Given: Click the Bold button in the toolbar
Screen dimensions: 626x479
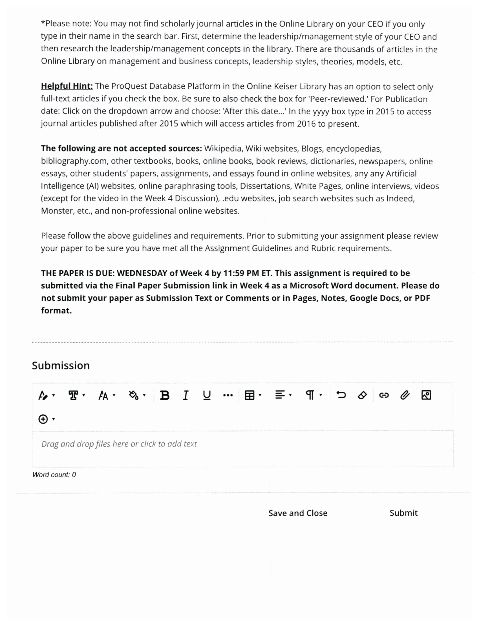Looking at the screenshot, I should pyautogui.click(x=165, y=395).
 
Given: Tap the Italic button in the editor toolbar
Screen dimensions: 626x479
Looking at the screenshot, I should pyautogui.click(x=186, y=395).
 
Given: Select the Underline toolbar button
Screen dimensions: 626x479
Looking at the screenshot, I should pyautogui.click(x=207, y=395).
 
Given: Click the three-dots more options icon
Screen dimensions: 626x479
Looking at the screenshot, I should pyautogui.click(x=228, y=395).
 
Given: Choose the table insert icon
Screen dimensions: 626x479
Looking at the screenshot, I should pyautogui.click(x=250, y=395).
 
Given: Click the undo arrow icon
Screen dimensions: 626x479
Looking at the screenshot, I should pyautogui.click(x=341, y=395).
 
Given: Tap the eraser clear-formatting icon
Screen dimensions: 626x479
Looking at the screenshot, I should pyautogui.click(x=362, y=395).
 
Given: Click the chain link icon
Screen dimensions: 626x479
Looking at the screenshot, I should pyautogui.click(x=384, y=395).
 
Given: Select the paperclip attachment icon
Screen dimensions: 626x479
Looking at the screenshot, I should pyautogui.click(x=405, y=395).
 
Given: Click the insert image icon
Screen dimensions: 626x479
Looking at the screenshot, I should pyautogui.click(x=426, y=395).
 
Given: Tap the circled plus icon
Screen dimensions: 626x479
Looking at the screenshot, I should pyautogui.click(x=43, y=419).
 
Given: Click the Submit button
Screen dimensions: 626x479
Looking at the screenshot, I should pyautogui.click(x=403, y=513).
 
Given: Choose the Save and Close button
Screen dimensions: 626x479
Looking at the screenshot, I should pyautogui.click(x=298, y=513).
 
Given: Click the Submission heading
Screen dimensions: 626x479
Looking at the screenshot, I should pyautogui.click(x=61, y=365).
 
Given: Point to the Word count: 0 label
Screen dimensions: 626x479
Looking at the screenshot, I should pyautogui.click(x=54, y=475).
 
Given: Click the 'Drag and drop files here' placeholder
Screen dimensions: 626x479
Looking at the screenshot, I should pyautogui.click(x=119, y=444).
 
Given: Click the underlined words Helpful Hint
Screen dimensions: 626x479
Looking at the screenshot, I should pyautogui.click(x=67, y=86).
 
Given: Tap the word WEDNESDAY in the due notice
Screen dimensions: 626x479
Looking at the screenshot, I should pyautogui.click(x=142, y=273).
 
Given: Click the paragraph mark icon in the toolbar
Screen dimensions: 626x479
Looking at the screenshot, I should pyautogui.click(x=310, y=395).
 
